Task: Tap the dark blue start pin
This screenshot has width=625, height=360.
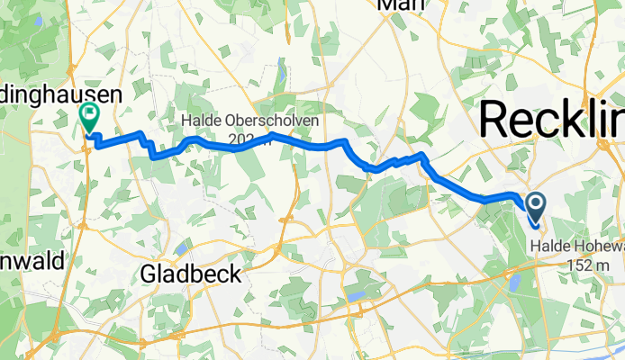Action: (534, 210)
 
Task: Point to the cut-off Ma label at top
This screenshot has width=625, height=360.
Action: (400, 5)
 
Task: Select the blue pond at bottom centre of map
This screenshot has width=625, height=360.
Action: (354, 295)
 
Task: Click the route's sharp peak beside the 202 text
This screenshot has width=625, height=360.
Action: (273, 135)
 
